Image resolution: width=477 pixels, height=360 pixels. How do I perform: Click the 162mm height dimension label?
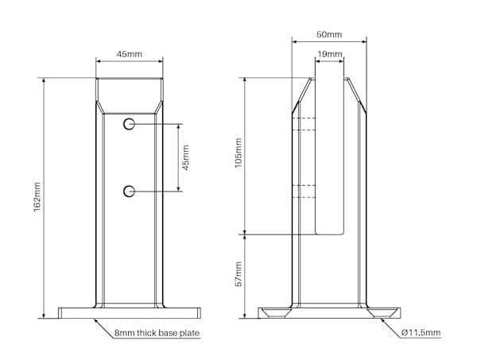point(37,197)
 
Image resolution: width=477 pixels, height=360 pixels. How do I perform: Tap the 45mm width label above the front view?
point(130,54)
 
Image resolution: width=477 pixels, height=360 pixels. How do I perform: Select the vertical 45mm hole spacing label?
point(185,157)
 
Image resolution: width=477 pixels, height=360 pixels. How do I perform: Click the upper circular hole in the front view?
point(129,124)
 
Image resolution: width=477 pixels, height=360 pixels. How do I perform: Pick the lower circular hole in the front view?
point(129,192)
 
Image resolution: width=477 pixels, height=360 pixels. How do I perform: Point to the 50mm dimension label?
point(329,34)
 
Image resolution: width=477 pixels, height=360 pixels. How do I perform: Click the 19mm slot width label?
point(330,54)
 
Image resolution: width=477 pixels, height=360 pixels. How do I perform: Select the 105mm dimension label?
point(238,153)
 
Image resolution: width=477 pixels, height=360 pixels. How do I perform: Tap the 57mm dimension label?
point(238,274)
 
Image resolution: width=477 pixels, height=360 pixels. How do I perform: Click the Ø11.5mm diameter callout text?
point(421,332)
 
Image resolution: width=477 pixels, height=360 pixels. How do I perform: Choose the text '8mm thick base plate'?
point(157,333)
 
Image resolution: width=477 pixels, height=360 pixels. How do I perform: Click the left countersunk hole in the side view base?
point(276,312)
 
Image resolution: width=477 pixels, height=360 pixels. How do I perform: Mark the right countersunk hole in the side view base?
point(382,312)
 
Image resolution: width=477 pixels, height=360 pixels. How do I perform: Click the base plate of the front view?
point(130,313)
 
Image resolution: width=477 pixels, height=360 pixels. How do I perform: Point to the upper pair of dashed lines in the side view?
point(304,124)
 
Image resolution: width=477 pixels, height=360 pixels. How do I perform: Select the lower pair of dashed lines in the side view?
point(304,192)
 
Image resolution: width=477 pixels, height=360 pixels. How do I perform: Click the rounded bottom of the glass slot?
point(330,234)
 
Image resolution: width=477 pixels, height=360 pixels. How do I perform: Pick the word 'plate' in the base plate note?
point(189,333)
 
